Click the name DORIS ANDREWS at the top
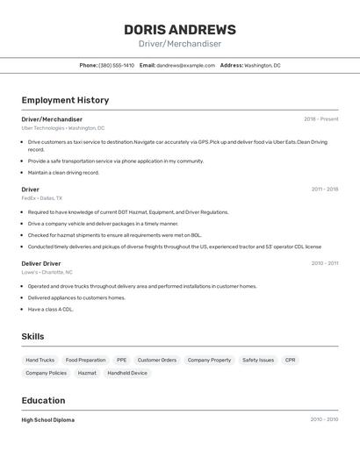179,29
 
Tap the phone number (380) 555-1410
117,65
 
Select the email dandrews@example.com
185,65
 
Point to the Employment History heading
65,100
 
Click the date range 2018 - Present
320,119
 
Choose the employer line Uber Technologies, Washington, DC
62,128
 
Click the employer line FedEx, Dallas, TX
42,198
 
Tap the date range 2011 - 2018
324,189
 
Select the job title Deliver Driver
41,263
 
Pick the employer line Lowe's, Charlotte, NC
47,272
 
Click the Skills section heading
33,337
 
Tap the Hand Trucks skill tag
40,360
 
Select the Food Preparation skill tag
85,360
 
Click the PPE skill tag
121,360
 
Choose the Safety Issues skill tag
258,360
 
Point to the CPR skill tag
291,360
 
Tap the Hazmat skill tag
87,373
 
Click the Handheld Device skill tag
127,373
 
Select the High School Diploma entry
48,420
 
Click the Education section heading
44,400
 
